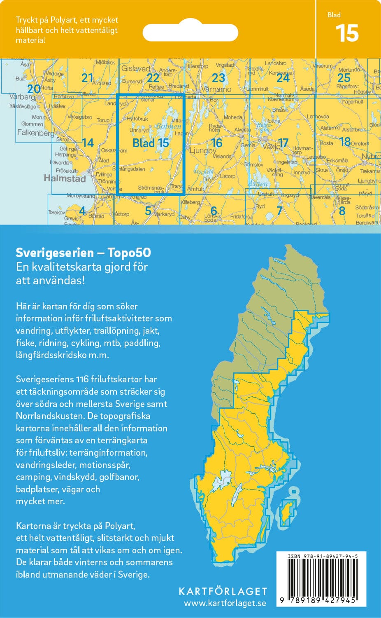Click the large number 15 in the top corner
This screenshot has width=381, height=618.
point(347,34)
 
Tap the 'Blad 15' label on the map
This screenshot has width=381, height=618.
point(151,143)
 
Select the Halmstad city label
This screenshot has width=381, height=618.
point(65,178)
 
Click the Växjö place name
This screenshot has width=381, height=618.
point(270,146)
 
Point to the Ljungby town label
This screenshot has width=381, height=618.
point(203,150)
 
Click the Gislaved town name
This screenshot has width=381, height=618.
point(135,68)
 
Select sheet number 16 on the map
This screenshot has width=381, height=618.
point(216,143)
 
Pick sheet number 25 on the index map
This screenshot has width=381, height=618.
point(344,78)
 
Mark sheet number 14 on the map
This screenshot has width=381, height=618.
point(88,143)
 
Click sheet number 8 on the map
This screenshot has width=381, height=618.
point(342,211)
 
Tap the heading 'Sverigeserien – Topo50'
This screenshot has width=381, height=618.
point(83,253)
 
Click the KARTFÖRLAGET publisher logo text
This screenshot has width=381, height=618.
point(223,592)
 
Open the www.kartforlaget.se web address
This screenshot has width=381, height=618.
point(225,604)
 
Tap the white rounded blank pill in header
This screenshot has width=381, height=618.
point(190,32)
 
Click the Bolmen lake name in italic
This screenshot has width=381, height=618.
point(168,126)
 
